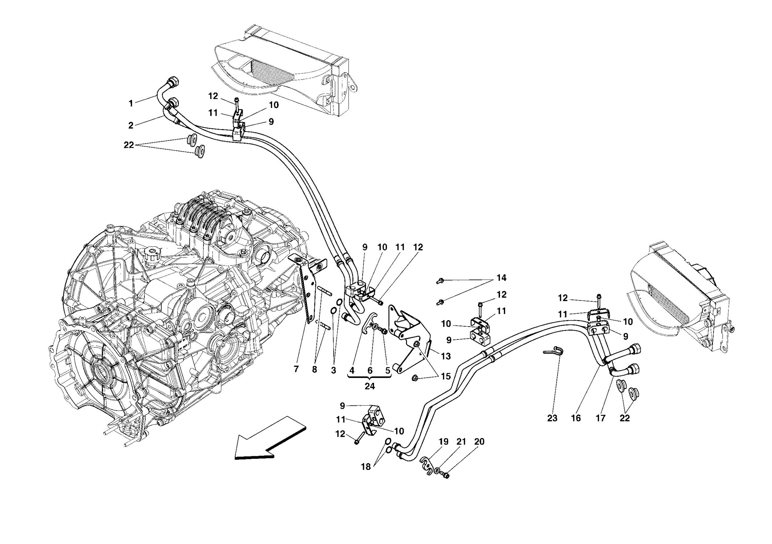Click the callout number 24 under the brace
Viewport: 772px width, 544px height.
[x=369, y=386]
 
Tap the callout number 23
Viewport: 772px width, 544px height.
[x=552, y=418]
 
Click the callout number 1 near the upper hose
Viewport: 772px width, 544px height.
[x=131, y=103]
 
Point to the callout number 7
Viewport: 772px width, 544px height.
[x=296, y=370]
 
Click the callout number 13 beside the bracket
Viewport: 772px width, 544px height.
[x=446, y=356]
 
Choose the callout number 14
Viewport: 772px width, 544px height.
[x=501, y=278]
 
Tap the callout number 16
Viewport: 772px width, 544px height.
[x=576, y=418]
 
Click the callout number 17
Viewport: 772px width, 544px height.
[x=600, y=418]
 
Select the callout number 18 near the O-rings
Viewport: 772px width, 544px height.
[x=366, y=467]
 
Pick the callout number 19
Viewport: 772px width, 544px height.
[x=443, y=442]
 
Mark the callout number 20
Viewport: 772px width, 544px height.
[x=479, y=442]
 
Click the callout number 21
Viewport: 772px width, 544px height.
[x=461, y=442]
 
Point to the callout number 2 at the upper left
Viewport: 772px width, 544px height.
[x=131, y=125]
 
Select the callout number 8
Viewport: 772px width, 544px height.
[x=314, y=370]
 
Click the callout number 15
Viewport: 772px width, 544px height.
[x=446, y=376]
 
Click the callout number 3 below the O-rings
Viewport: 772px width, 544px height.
[x=333, y=370]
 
